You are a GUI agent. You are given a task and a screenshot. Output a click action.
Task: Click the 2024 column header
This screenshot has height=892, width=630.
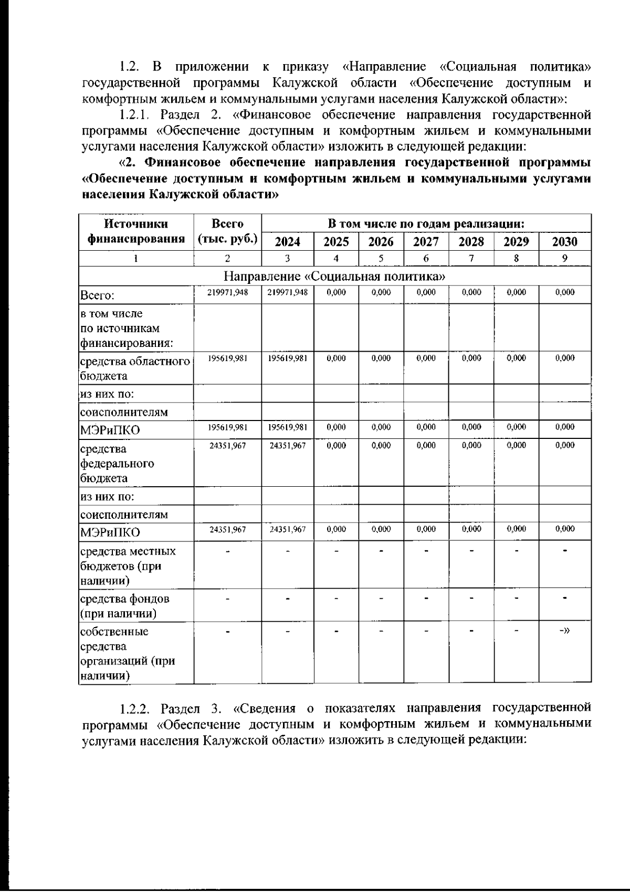click(x=288, y=242)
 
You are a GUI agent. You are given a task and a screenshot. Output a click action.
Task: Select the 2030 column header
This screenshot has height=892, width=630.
click(x=565, y=242)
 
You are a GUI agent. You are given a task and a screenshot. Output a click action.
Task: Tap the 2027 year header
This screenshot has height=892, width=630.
click(x=426, y=242)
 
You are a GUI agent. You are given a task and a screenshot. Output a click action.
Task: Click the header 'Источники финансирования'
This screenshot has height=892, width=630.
click(x=136, y=231)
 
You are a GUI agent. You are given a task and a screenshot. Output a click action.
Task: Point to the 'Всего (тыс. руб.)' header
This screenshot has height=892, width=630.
click(x=227, y=231)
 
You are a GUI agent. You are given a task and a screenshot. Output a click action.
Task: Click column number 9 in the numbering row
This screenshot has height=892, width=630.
click(x=565, y=258)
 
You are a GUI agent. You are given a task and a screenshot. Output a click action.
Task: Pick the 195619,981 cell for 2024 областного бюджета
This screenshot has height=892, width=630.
click(x=288, y=358)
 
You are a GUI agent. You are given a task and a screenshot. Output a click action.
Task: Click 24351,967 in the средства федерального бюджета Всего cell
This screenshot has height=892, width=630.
click(x=227, y=445)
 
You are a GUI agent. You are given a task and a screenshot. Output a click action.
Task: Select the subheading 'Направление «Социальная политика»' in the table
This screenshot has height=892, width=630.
click(x=335, y=276)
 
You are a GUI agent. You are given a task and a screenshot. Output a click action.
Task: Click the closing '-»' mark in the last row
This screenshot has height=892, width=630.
click(x=565, y=631)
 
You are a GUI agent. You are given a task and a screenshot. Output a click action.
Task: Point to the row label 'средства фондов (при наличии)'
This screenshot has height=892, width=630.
click(x=124, y=606)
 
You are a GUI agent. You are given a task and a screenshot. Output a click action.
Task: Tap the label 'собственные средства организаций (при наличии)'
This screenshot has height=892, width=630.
click(x=127, y=653)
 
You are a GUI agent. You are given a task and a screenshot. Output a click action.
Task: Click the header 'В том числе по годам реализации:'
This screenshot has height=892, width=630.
click(x=426, y=223)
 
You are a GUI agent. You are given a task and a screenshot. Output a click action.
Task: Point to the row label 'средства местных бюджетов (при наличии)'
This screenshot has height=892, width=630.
click(x=127, y=566)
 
